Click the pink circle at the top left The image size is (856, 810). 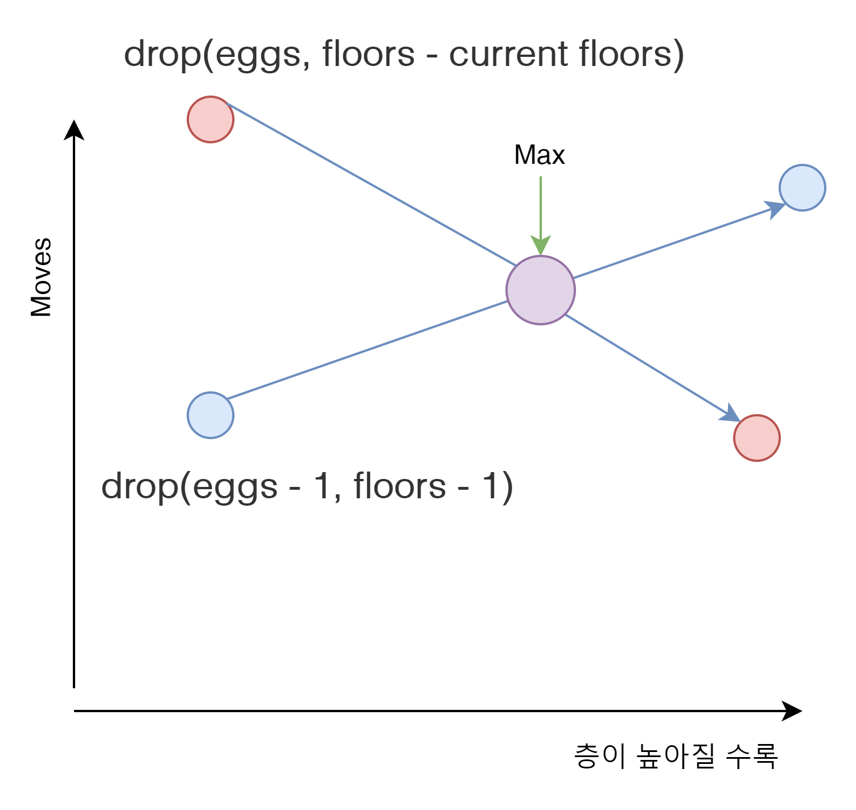[211, 119]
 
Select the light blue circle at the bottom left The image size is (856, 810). [211, 415]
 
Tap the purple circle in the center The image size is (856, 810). [541, 290]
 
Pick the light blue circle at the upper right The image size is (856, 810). [802, 188]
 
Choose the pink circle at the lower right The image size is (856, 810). [757, 438]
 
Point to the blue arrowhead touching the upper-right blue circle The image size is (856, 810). [775, 209]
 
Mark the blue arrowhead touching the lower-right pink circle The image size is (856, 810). [730, 414]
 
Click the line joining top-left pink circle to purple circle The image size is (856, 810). [370, 185]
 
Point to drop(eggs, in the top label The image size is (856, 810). [217, 55]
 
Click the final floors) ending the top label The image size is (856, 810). [631, 55]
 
